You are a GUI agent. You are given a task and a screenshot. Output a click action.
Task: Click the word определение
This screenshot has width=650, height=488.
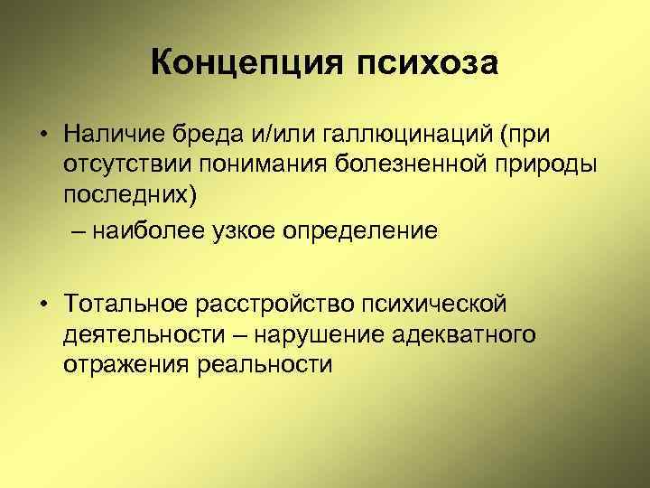[x=363, y=231]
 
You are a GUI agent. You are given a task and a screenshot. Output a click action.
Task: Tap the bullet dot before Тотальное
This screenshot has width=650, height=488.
[x=42, y=302]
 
